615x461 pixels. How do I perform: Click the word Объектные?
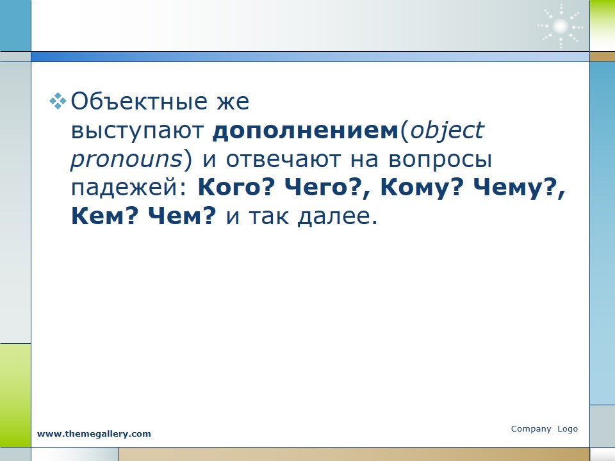coord(139,102)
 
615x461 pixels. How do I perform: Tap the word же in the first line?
coord(233,102)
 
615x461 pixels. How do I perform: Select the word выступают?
coord(138,131)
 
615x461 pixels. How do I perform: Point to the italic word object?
coord(447,131)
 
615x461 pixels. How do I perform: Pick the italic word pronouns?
coord(127,160)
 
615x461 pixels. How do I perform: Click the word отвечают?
coord(283,159)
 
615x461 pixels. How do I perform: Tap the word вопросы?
coord(440,160)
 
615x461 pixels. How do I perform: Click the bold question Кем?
coord(104,215)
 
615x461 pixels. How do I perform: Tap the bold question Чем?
coord(182,215)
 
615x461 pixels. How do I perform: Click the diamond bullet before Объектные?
coord(58,101)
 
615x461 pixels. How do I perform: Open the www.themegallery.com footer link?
coord(94,433)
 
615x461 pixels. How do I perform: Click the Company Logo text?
coord(545,428)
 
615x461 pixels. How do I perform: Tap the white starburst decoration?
coord(560,27)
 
